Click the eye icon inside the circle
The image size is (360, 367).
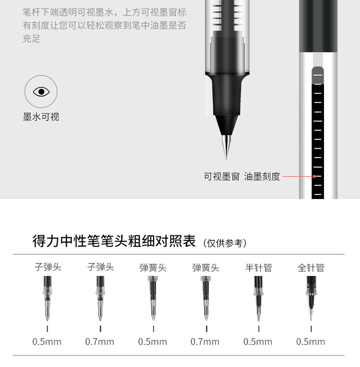41,92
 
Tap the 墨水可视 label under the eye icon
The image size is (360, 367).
41,117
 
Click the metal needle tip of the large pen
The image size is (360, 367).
226,147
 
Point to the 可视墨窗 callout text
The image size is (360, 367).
222,177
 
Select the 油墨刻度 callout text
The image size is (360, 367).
262,177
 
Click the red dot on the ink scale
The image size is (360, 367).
314,177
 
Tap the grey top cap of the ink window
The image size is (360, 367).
318,75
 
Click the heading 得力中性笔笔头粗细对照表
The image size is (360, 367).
114,241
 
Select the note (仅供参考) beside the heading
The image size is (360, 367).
225,243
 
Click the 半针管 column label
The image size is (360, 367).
259,268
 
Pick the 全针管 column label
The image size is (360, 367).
311,268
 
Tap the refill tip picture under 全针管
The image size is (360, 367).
311,298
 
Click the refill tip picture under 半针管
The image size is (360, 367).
258,298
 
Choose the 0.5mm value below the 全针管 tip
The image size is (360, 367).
311,342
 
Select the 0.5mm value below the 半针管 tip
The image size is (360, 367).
258,342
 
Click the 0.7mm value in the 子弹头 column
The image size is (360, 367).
99,342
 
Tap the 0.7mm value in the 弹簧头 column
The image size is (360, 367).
205,342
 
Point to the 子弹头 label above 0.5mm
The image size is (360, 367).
48,267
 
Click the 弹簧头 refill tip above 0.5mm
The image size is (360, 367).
153,298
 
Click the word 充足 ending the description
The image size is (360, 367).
32,39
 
